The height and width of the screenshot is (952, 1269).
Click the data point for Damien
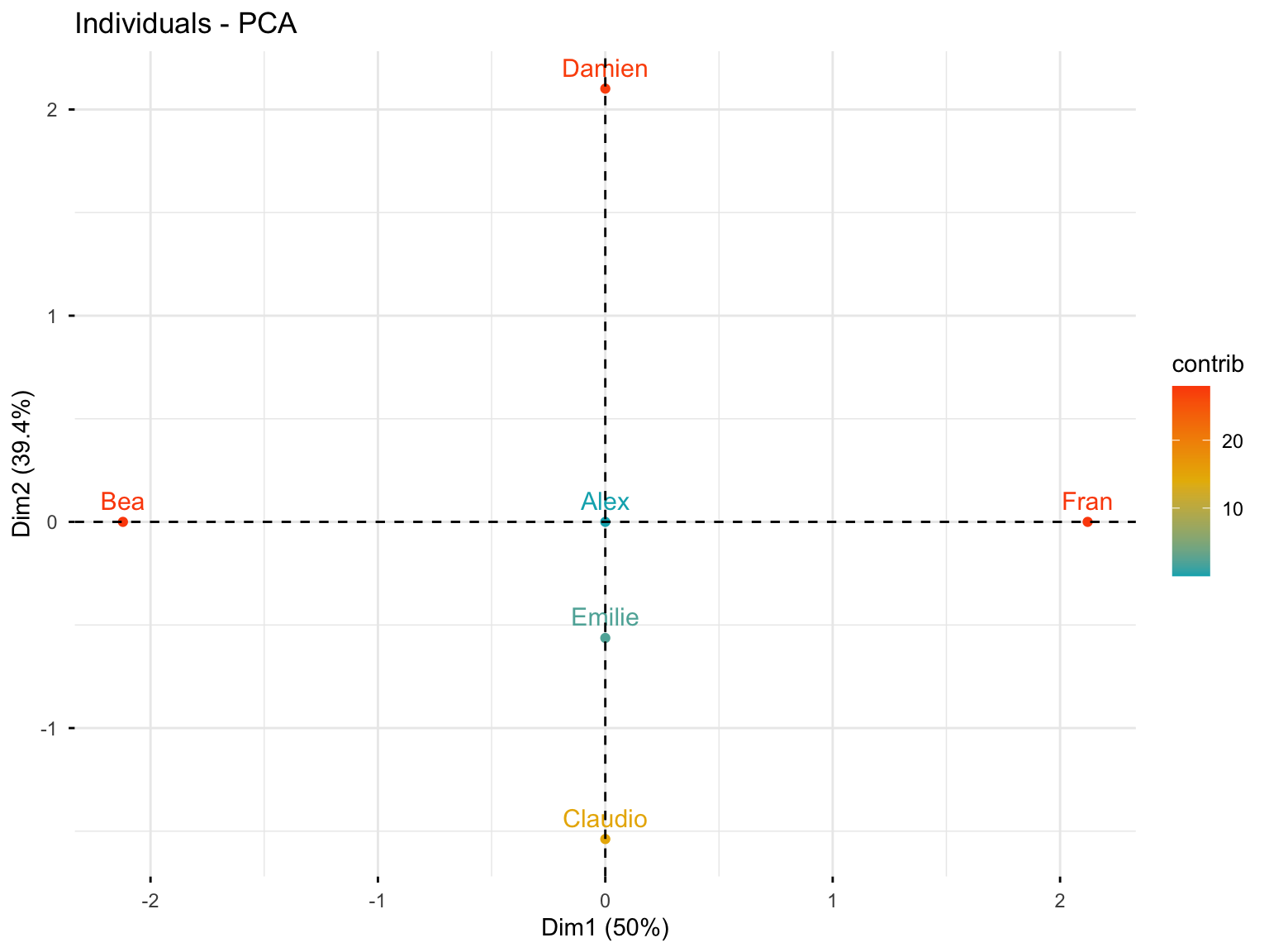605,88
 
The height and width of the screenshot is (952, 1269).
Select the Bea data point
123,521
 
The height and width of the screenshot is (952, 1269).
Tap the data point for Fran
1087,521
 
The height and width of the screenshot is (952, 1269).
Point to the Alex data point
605,521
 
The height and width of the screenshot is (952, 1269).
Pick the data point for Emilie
605,637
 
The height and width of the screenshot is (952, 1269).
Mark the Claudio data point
605,839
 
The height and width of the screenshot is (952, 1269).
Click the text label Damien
605,69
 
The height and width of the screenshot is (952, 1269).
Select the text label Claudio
605,819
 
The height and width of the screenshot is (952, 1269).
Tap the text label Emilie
605,617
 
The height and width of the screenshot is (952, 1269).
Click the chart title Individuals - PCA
186,24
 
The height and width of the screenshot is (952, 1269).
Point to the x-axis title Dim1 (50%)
605,928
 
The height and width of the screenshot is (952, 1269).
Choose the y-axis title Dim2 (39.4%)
22,463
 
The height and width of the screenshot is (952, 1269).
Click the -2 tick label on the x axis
150,901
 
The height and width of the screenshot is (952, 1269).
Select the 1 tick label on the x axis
832,901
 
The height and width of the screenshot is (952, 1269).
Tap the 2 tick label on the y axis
52,110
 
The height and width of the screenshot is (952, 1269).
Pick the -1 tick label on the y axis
49,729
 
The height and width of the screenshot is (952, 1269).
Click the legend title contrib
1207,364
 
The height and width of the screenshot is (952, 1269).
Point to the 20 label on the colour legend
1232,441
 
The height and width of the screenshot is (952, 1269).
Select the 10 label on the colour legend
1232,509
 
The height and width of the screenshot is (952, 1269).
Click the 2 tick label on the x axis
1059,901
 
